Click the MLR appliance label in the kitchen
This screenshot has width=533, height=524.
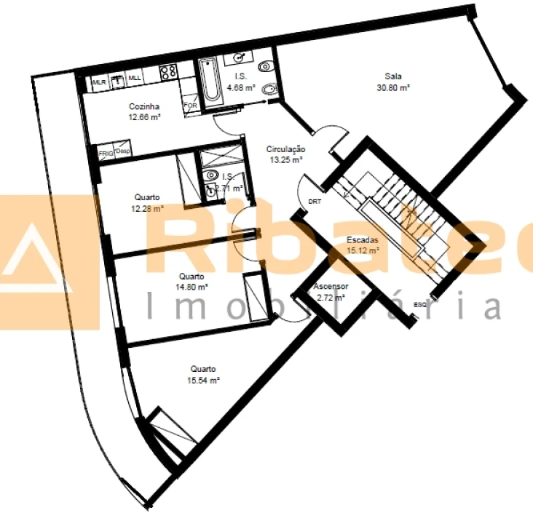tap(100, 82)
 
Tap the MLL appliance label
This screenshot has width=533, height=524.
tap(135, 78)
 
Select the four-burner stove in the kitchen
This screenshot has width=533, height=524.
tap(168, 73)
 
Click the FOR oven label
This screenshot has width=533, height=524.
tap(190, 106)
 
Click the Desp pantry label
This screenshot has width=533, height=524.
tap(123, 151)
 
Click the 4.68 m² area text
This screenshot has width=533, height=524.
tap(240, 88)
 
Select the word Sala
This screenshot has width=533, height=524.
tap(393, 76)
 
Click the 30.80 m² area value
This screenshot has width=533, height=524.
tap(393, 87)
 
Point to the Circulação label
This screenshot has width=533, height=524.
tap(285, 149)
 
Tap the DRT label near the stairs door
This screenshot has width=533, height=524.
tap(315, 201)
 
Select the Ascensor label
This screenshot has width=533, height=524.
tap(331, 287)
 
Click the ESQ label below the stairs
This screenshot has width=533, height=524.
tap(419, 303)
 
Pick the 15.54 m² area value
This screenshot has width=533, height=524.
tap(204, 380)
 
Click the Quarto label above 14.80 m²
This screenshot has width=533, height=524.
tap(192, 277)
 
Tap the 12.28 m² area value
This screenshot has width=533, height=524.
tap(148, 209)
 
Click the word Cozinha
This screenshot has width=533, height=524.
tap(144, 106)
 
